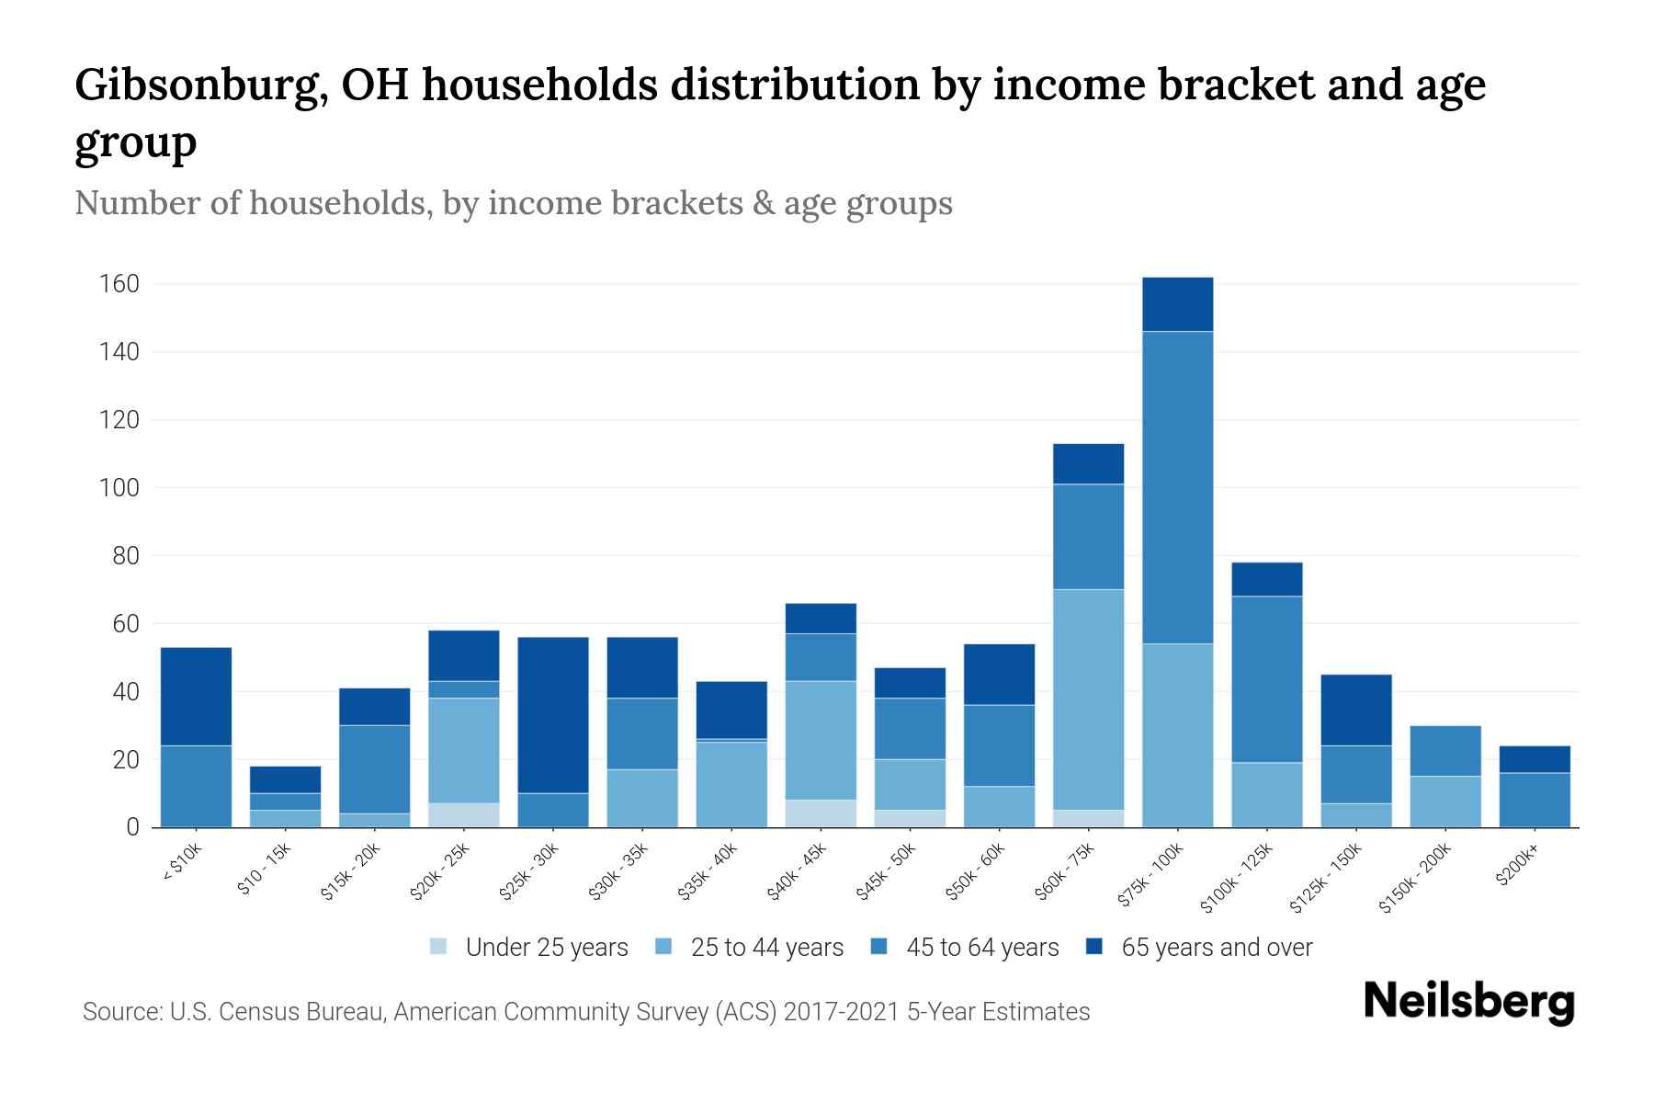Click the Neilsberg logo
[x=1468, y=1002]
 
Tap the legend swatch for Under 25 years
[x=439, y=947]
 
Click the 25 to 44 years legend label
[x=766, y=948]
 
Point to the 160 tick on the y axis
[x=119, y=284]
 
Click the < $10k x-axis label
[x=182, y=864]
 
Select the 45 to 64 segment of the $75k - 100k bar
[x=1177, y=487]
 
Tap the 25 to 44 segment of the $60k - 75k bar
[x=1088, y=699]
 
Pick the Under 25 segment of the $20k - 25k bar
[x=463, y=815]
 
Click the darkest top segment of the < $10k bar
[x=196, y=696]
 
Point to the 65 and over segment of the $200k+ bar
[x=1534, y=759]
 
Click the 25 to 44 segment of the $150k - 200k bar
[x=1444, y=802]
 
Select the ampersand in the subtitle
[x=762, y=203]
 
